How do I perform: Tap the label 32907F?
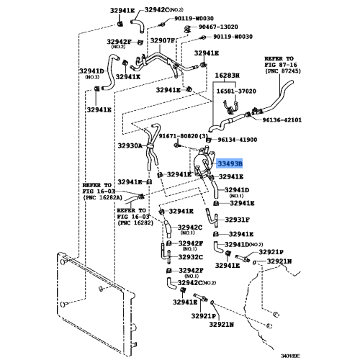[163, 40]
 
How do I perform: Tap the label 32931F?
[236, 220]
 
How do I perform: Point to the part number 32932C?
[192, 256]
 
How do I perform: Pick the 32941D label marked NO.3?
[91, 71]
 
